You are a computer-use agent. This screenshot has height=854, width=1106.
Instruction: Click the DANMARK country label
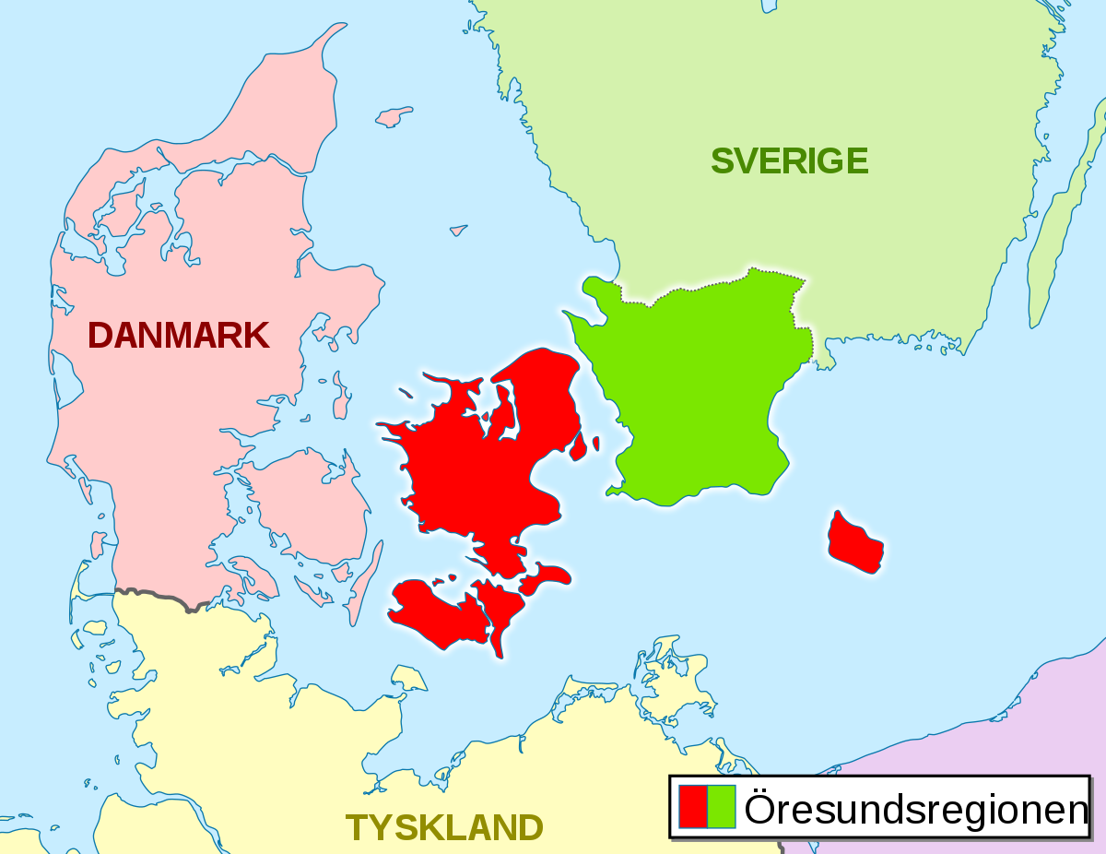click(179, 335)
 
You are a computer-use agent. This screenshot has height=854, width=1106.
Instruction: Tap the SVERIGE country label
click(789, 160)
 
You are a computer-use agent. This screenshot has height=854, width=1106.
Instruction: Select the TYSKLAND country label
click(444, 827)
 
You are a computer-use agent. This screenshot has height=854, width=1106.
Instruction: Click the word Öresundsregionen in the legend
click(916, 809)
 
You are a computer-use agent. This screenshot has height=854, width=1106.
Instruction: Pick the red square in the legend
click(693, 806)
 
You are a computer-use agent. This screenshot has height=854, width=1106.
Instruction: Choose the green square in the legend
click(722, 806)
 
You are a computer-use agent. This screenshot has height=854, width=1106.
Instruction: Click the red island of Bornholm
click(854, 542)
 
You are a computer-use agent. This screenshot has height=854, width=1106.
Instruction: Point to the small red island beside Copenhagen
click(580, 447)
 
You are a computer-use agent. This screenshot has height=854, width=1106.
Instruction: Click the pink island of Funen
click(295, 498)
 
